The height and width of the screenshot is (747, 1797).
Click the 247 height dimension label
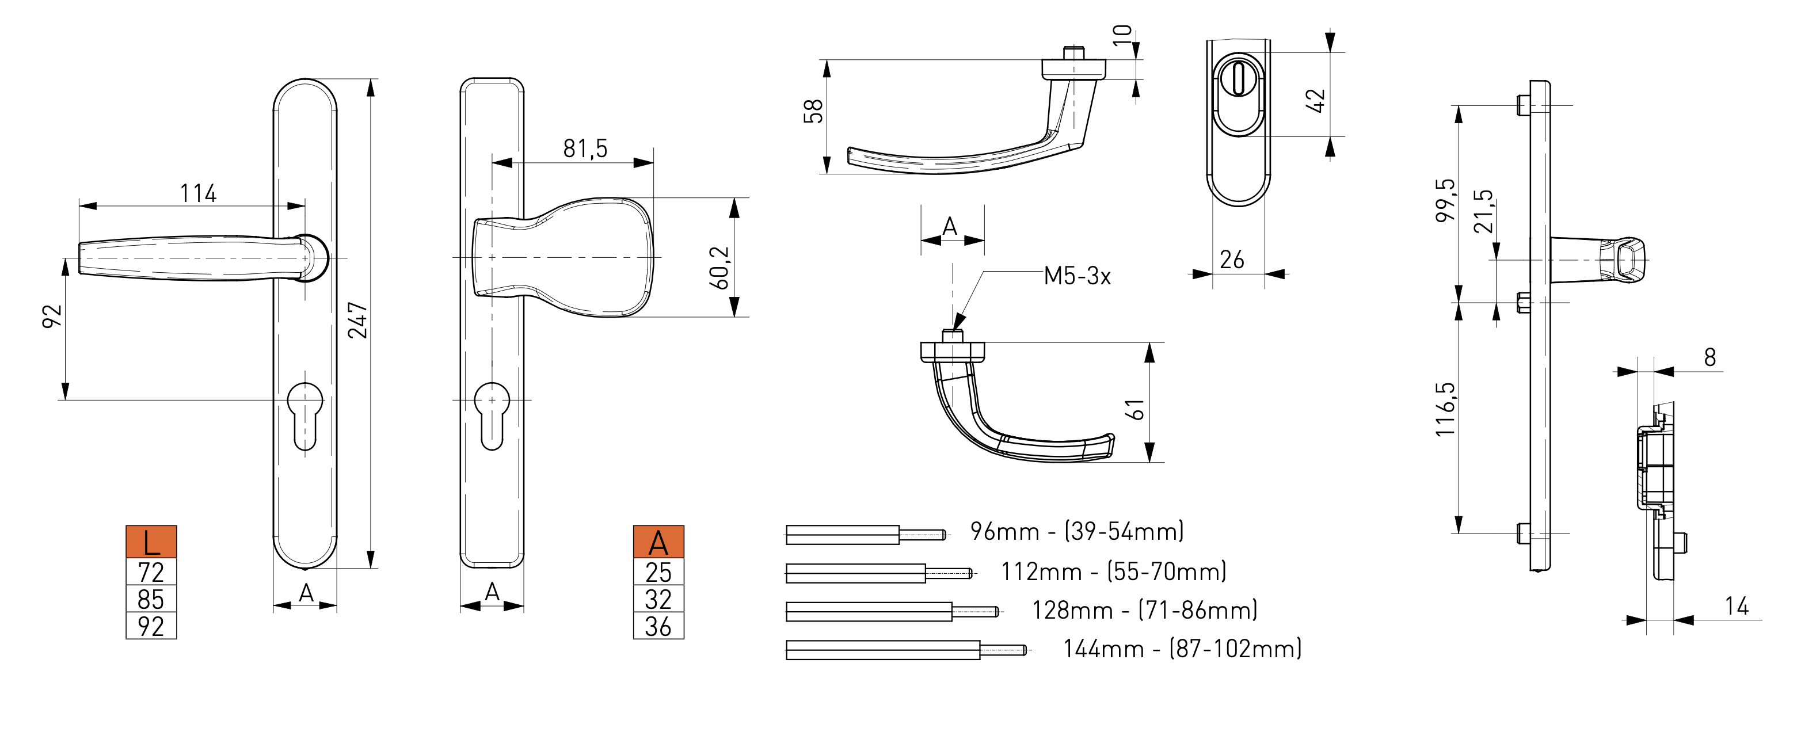coord(358,320)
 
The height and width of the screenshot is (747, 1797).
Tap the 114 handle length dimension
coord(198,193)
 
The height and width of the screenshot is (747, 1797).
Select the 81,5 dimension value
coord(585,148)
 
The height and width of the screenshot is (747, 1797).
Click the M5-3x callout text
coord(1076,276)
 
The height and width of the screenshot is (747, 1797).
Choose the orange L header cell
coord(151,542)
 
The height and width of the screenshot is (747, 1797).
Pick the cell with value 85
coord(151,599)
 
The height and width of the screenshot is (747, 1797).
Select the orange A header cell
coord(658,542)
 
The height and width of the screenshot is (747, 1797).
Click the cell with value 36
coord(658,626)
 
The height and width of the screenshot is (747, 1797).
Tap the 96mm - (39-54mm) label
coord(1076,532)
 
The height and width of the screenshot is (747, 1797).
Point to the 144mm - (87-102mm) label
coord(1182,649)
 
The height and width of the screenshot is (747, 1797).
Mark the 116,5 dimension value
coord(1445,409)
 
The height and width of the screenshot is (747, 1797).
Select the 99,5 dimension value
coord(1445,201)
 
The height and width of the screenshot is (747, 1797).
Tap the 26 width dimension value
coord(1231,260)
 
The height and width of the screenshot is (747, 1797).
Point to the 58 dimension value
coord(813,112)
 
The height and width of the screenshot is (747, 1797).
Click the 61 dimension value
coord(1136,409)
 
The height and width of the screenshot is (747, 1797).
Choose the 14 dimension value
coord(1737,605)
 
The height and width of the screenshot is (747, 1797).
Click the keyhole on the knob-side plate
coord(492,415)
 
